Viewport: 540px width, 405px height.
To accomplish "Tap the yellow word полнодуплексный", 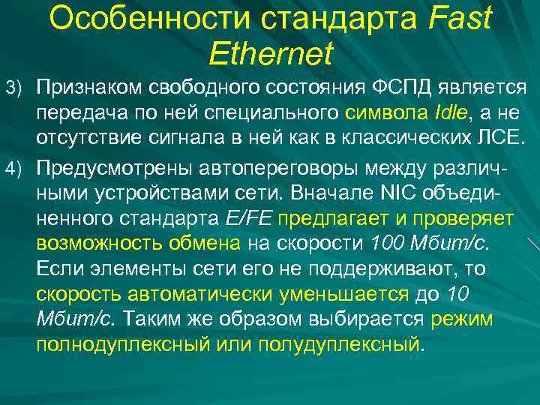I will (x=126, y=346).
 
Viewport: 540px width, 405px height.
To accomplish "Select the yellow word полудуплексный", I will (x=338, y=346).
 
